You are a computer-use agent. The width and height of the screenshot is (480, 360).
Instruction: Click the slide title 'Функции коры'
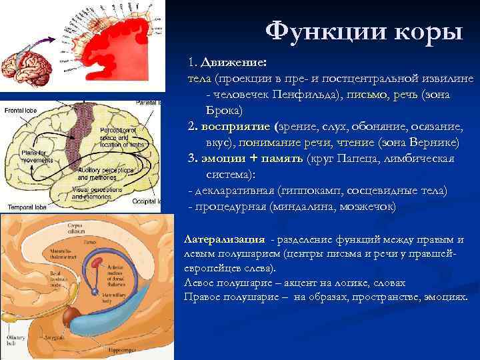[x=363, y=31]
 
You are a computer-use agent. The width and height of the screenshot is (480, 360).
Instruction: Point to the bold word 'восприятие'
[x=234, y=126]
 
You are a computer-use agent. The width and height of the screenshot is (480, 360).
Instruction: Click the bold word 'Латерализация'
[x=223, y=239]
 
